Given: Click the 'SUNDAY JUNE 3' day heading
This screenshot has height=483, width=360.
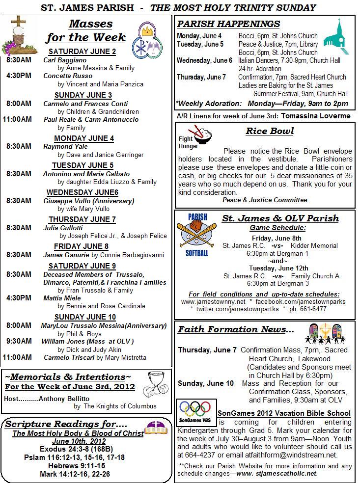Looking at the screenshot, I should click(83, 95).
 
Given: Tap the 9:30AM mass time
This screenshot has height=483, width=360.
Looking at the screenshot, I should click(19, 341).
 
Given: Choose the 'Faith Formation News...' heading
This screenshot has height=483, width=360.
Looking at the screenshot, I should click(236, 329).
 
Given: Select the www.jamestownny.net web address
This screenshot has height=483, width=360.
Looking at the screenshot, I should click(213, 301).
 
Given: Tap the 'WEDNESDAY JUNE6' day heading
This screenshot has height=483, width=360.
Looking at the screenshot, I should click(83, 192).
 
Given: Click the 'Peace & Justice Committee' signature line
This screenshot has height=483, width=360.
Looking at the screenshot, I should click(265, 200).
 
